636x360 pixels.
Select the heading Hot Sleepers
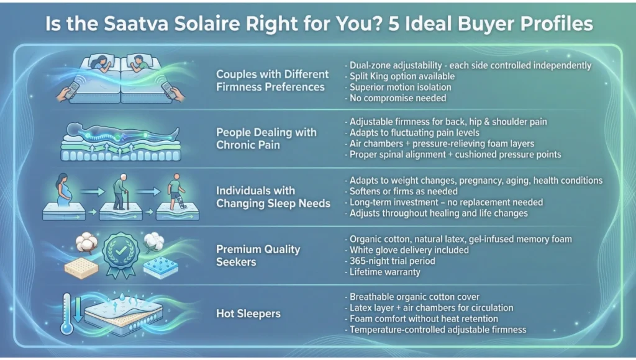point(248,313)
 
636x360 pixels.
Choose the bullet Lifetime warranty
point(384,272)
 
